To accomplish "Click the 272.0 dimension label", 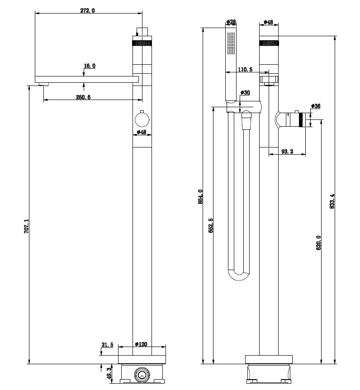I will click(x=87, y=10).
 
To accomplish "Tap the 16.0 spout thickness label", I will click(x=90, y=66).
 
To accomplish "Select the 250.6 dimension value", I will click(x=83, y=97).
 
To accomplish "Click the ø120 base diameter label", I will click(x=141, y=344).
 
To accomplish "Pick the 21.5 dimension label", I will click(x=107, y=345).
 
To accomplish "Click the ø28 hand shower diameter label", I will click(x=230, y=22).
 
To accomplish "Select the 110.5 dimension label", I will click(x=245, y=69).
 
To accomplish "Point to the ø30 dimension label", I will click(x=245, y=93).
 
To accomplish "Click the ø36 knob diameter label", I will click(x=316, y=106).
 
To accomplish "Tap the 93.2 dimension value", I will click(x=287, y=152).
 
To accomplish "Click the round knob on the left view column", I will click(x=142, y=120).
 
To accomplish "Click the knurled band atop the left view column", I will click(x=142, y=43).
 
